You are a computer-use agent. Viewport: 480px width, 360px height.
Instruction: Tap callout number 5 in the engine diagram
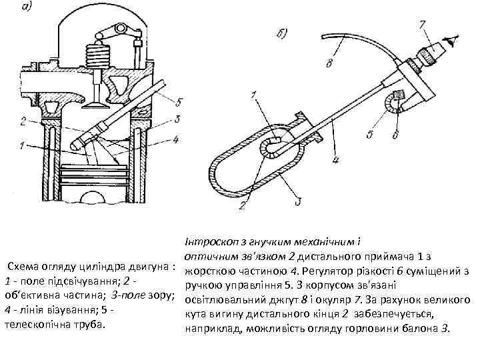click(x=179, y=102)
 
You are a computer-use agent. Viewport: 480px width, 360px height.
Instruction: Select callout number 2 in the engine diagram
click(x=23, y=121)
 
